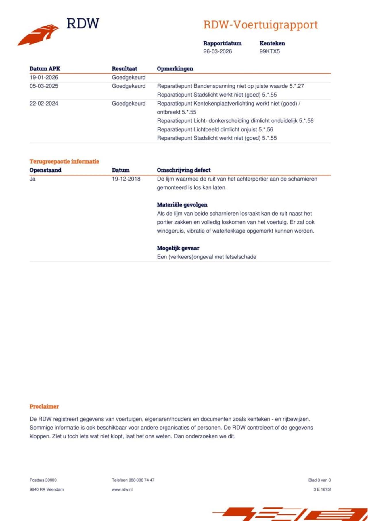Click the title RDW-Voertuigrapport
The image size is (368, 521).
pos(260,25)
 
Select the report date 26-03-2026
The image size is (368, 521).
pos(217,51)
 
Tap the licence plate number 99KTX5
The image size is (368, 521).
pos(269,51)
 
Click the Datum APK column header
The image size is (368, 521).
pos(45,69)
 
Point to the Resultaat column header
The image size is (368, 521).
pos(124,69)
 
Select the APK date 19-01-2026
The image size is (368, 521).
pos(44,77)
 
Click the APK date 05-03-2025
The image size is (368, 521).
pos(44,86)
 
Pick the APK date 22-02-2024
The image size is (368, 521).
pos(44,104)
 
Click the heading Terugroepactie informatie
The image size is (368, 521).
pos(64,161)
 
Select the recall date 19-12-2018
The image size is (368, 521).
pos(126,179)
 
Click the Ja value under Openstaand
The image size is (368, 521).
pos(32,179)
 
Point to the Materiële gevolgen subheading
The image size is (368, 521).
pos(182,205)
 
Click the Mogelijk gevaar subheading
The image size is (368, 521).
pos(178,248)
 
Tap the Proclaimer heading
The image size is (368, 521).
pos(44,406)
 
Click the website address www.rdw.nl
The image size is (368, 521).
pos(122,489)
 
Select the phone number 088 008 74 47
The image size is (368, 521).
pos(141,480)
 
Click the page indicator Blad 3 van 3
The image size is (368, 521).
pos(319,480)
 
